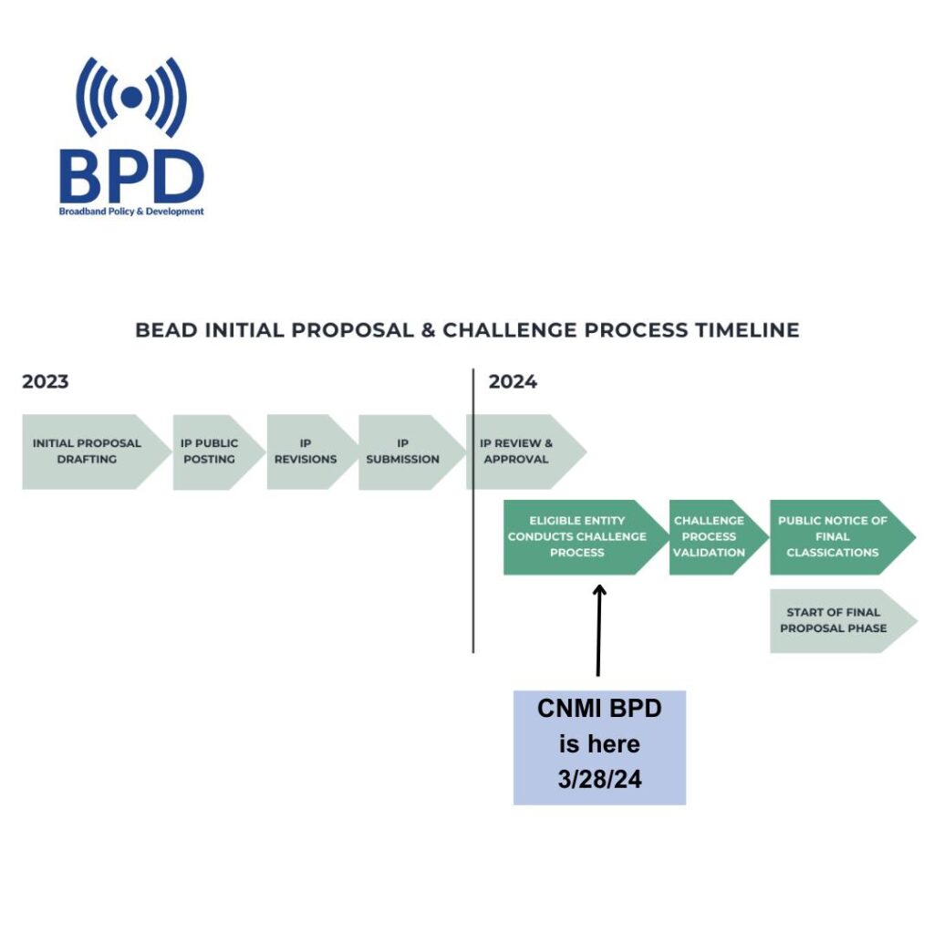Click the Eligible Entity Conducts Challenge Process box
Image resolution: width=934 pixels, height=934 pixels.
point(585,537)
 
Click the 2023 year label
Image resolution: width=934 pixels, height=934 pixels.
point(46,381)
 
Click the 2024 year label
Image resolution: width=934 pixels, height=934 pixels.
point(513,381)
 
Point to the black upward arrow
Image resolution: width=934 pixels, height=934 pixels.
point(598,630)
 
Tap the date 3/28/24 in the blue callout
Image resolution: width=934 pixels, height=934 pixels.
point(600,779)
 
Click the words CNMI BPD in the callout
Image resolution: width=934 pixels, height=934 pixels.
point(599,708)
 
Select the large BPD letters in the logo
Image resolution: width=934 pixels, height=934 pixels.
point(131,176)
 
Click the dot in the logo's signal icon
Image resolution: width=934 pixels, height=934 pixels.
point(131,97)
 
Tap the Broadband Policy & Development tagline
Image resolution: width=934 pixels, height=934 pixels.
point(131,212)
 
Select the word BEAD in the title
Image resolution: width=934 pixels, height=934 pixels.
point(166,330)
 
